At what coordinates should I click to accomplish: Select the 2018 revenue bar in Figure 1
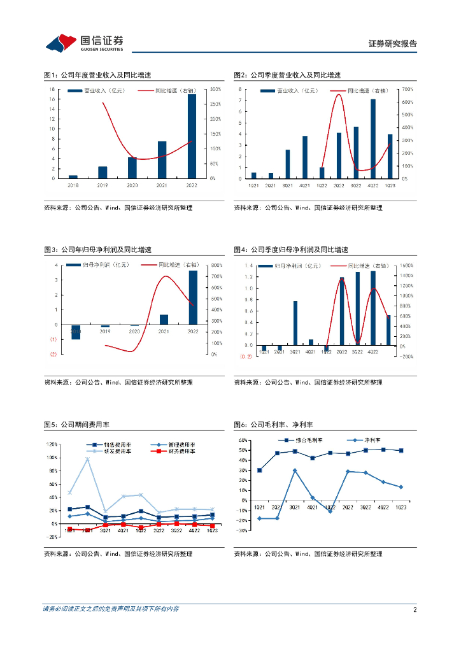(x=73, y=176)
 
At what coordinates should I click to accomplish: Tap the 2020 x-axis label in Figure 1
(x=132, y=185)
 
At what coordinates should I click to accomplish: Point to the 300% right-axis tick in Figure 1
(x=216, y=89)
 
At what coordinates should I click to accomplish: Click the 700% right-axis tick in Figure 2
(x=407, y=89)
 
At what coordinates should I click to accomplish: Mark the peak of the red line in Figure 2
(x=338, y=95)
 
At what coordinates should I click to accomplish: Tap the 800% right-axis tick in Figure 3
(x=216, y=265)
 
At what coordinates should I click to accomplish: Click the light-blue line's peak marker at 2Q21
(x=87, y=459)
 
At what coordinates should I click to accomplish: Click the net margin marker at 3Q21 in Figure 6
(x=295, y=471)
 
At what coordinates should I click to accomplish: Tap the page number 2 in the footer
(x=415, y=609)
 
